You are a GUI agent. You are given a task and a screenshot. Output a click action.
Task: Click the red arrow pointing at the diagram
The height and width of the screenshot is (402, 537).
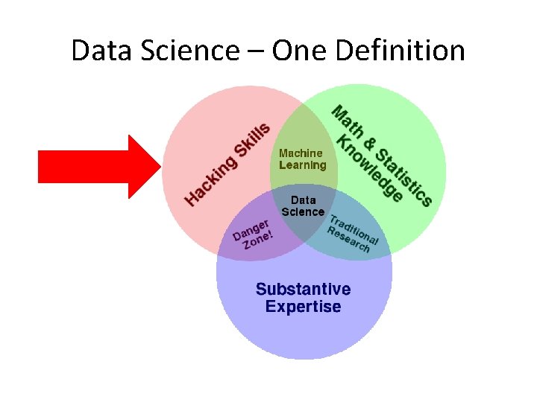pos(97,166)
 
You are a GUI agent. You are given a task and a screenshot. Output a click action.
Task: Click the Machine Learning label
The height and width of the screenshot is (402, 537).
pos(302,159)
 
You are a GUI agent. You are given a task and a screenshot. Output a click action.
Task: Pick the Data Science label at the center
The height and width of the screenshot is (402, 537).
pos(303,205)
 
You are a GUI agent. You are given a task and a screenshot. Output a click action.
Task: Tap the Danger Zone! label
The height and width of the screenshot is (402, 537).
pos(253,234)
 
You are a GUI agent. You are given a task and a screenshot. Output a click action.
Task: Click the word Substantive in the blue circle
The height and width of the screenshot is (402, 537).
pos(303,289)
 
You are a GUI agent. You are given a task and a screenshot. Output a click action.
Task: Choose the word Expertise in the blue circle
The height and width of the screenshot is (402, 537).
pos(303,307)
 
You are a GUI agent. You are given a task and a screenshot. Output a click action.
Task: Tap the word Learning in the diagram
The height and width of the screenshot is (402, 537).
pos(302,165)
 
